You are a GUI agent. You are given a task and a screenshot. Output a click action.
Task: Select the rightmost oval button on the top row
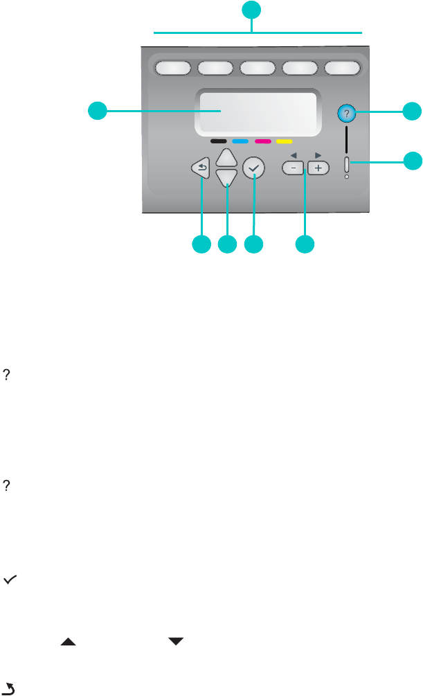[343, 68]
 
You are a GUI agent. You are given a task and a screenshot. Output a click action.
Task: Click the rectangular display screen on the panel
[259, 111]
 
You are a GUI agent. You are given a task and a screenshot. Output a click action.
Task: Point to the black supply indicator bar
[219, 141]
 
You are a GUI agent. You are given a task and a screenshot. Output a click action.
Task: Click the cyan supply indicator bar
[241, 141]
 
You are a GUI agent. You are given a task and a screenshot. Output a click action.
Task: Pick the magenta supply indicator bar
[262, 141]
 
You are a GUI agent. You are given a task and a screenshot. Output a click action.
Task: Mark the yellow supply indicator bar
[284, 141]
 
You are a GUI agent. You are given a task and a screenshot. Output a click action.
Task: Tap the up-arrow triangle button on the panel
[226, 157]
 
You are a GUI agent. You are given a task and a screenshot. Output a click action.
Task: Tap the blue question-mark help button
[345, 113]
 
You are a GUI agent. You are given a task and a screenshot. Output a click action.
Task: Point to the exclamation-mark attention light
[346, 164]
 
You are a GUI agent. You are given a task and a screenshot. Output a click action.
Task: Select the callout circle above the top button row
[252, 10]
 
